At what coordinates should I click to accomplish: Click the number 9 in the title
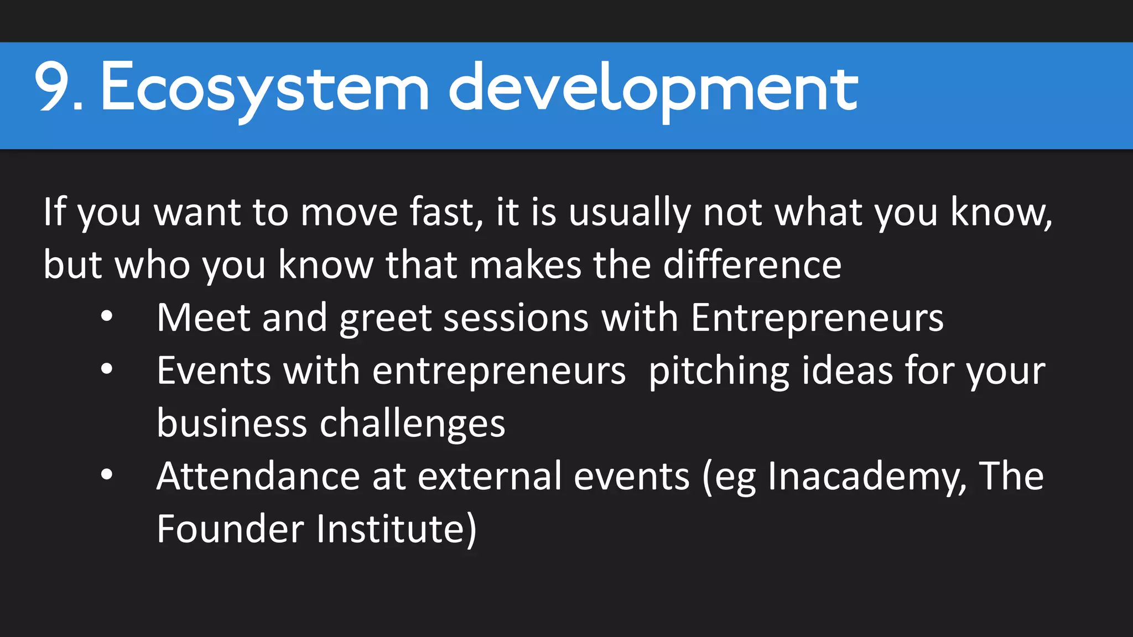click(x=54, y=87)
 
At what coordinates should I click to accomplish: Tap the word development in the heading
click(x=653, y=88)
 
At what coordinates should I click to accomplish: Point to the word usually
click(x=630, y=212)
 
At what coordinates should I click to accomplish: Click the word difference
click(x=752, y=265)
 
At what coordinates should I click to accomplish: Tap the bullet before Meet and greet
click(x=107, y=317)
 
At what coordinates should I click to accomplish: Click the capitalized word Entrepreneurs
click(x=817, y=318)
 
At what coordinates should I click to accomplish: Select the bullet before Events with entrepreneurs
click(x=107, y=369)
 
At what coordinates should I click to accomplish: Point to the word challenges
click(x=413, y=424)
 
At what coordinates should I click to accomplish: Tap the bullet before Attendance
click(x=107, y=474)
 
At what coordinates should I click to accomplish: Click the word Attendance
click(x=258, y=476)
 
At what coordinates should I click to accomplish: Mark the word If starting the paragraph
click(x=54, y=211)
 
